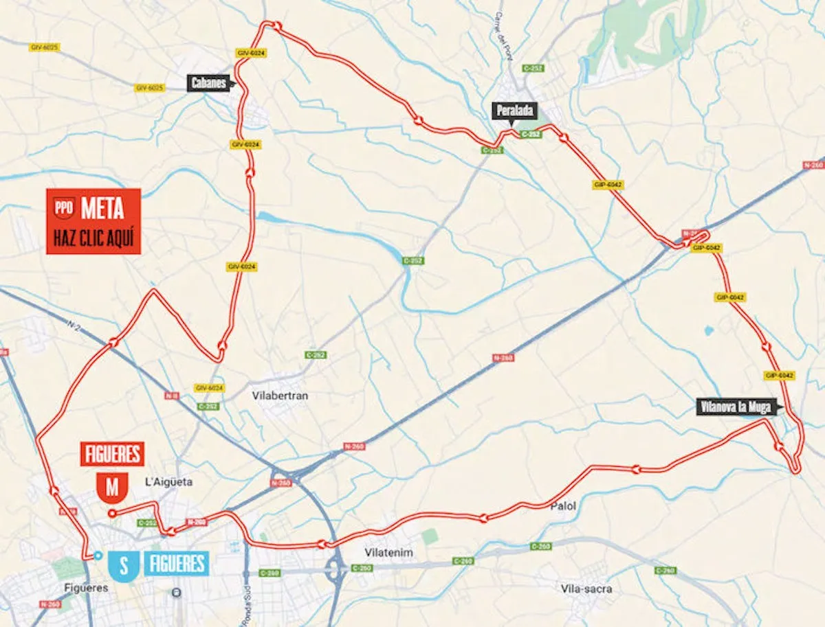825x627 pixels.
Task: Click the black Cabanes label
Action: pyautogui.click(x=209, y=84)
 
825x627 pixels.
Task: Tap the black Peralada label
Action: pyautogui.click(x=514, y=111)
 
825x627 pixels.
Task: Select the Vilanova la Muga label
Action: pyautogui.click(x=736, y=407)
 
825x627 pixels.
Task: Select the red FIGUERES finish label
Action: pyautogui.click(x=112, y=454)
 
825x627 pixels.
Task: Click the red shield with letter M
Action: pyautogui.click(x=112, y=487)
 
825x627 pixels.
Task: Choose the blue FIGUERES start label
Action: pyautogui.click(x=176, y=565)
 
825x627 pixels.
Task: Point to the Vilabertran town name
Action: pyautogui.click(x=278, y=396)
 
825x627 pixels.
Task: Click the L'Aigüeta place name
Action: pyautogui.click(x=169, y=482)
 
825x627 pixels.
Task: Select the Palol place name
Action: pyautogui.click(x=562, y=506)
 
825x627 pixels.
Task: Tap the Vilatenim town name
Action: pyautogui.click(x=388, y=552)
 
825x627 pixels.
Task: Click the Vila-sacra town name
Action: pyautogui.click(x=586, y=589)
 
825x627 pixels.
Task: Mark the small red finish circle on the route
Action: pyautogui.click(x=111, y=512)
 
